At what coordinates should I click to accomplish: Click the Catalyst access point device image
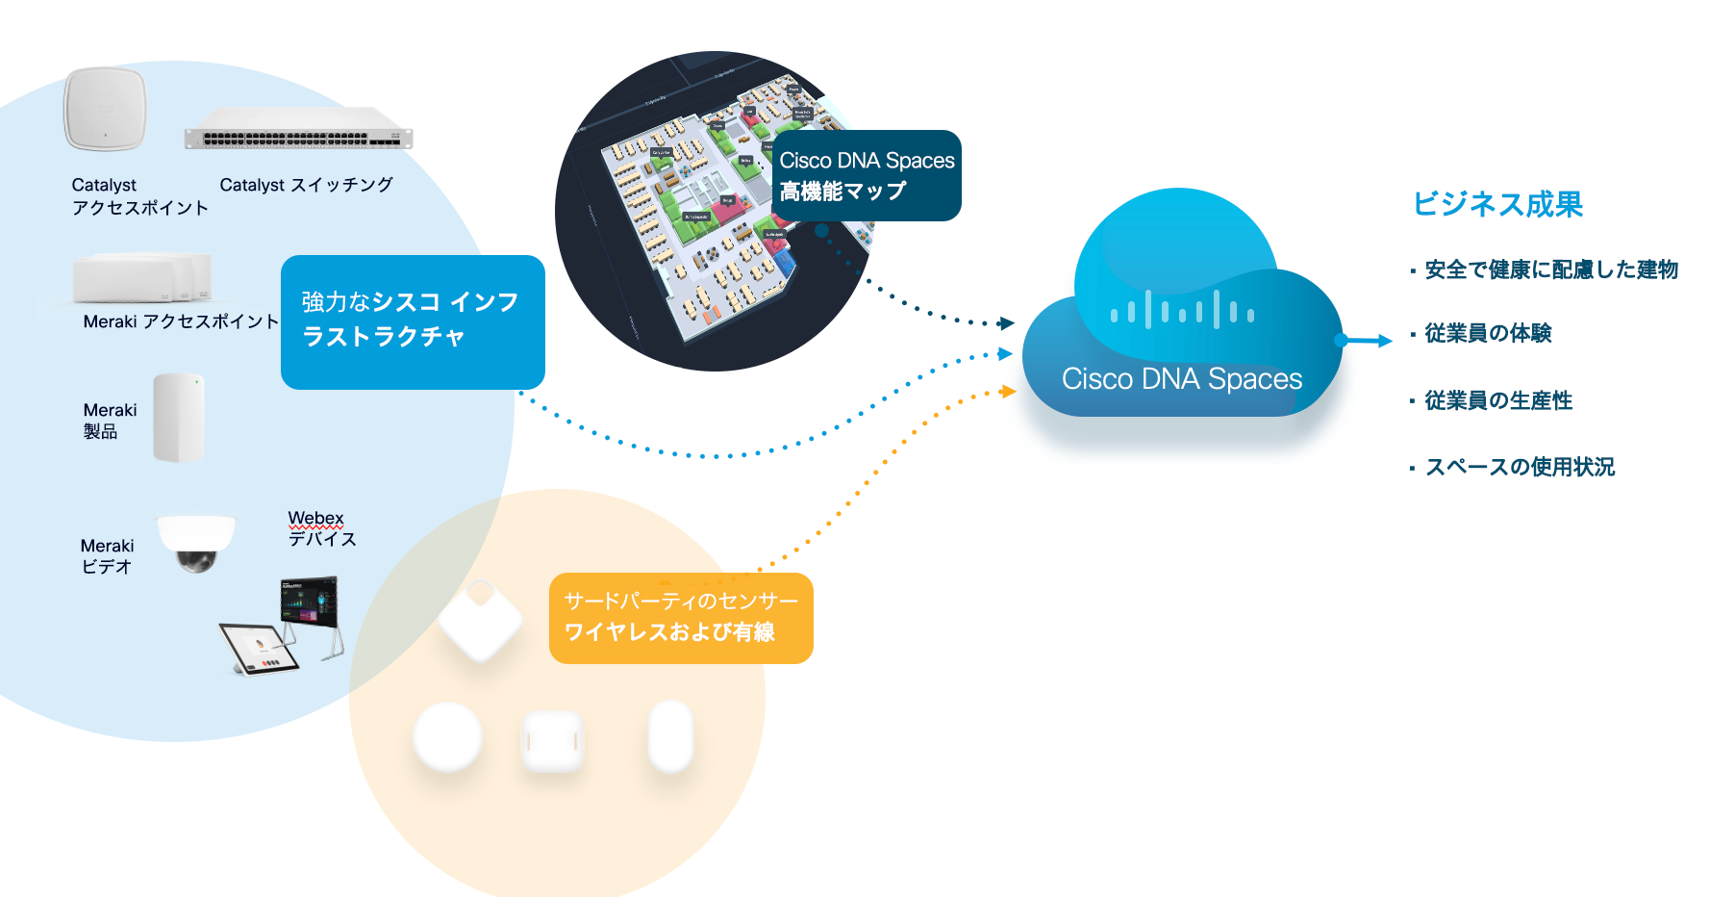pyautogui.click(x=106, y=109)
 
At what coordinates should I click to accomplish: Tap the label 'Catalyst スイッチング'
pyautogui.click(x=306, y=185)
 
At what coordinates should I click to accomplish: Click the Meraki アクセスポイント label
pyautogui.click(x=181, y=321)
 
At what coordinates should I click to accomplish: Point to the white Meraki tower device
pyautogui.click(x=179, y=418)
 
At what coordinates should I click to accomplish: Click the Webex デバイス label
pyautogui.click(x=321, y=528)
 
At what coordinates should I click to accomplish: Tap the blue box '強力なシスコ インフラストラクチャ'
pyautogui.click(x=413, y=321)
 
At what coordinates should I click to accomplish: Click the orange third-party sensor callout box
pyautogui.click(x=681, y=618)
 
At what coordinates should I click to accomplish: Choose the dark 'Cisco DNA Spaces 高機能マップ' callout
pyautogui.click(x=867, y=176)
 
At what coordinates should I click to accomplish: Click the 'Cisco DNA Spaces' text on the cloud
pyautogui.click(x=1182, y=379)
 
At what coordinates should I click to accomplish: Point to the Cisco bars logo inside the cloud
pyautogui.click(x=1182, y=311)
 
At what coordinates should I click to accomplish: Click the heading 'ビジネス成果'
pyautogui.click(x=1497, y=204)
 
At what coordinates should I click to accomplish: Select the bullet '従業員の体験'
pyautogui.click(x=1488, y=333)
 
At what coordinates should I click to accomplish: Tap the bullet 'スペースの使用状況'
pyautogui.click(x=1520, y=467)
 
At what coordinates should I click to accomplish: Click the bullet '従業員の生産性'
pyautogui.click(x=1498, y=400)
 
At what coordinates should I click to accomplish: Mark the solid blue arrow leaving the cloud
pyautogui.click(x=1366, y=341)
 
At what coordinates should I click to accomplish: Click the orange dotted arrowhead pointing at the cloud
pyautogui.click(x=1007, y=392)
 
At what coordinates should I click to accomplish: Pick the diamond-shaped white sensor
pyautogui.click(x=480, y=621)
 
